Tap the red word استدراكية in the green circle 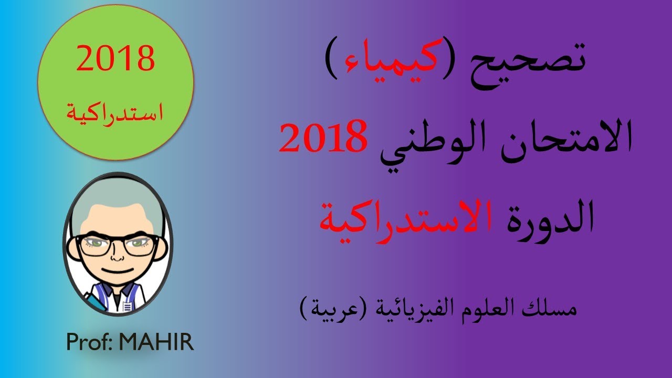pyautogui.click(x=115, y=112)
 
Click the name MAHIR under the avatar pyautogui.click(x=156, y=342)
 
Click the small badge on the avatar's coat pyautogui.click(x=127, y=306)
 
